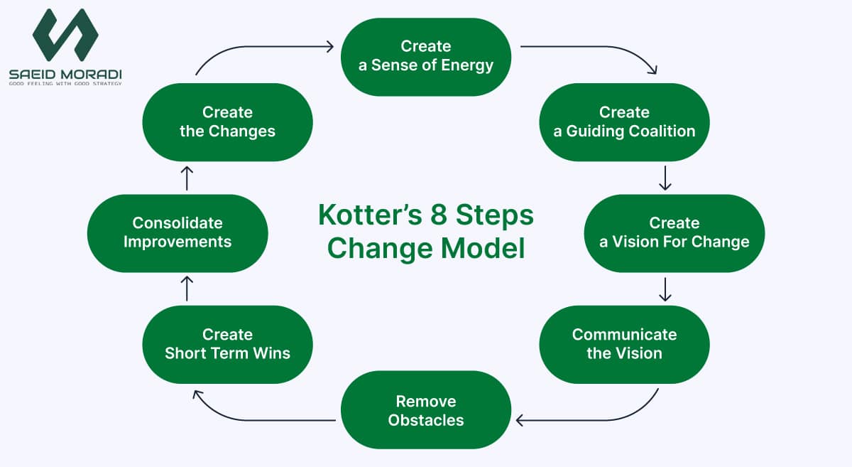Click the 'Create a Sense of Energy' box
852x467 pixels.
(426, 56)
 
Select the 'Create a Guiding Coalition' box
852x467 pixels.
(624, 122)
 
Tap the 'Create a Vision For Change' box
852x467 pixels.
(674, 232)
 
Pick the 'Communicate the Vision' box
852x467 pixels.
(624, 344)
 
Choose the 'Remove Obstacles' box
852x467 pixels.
(426, 410)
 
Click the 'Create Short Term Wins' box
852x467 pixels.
(227, 344)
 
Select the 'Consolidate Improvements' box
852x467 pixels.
(177, 232)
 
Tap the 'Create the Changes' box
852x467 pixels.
(227, 122)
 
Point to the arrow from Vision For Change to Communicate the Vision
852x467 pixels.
(665, 289)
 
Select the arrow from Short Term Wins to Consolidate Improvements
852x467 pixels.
(187, 289)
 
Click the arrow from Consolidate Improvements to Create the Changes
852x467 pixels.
(187, 178)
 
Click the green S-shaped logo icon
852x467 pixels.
(65, 36)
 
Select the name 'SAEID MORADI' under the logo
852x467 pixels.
(65, 73)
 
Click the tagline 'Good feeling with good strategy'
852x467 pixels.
(65, 84)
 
